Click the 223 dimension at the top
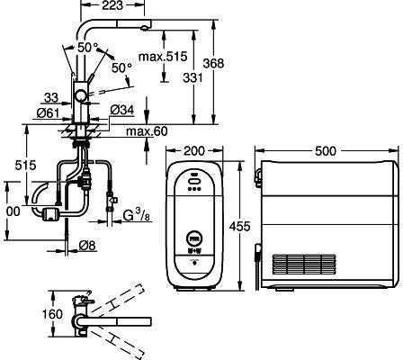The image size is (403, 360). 112,5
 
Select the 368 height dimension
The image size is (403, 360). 213,63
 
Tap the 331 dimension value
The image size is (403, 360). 193,77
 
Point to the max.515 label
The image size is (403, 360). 163,56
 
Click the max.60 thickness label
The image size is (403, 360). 147,131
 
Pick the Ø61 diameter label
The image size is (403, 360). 48,112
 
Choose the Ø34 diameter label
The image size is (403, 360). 121,110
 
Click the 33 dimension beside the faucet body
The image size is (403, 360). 51,97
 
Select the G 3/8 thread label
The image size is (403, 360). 137,215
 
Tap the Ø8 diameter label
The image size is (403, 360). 87,246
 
